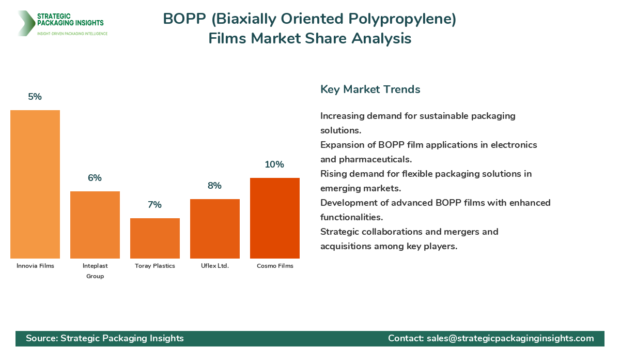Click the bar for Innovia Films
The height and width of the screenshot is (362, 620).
click(35, 184)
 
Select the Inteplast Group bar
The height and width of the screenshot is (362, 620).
click(95, 225)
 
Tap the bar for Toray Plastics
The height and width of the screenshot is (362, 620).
click(155, 238)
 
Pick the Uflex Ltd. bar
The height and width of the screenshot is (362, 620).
click(215, 229)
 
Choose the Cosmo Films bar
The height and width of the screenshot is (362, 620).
click(275, 218)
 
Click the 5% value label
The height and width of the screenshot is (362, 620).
click(35, 97)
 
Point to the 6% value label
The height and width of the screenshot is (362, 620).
click(95, 178)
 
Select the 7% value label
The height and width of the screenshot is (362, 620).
click(155, 205)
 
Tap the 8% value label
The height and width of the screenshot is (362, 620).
click(215, 186)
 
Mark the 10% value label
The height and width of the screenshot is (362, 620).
click(275, 164)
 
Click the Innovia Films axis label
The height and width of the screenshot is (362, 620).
click(35, 266)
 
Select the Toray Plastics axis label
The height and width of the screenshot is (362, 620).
click(155, 266)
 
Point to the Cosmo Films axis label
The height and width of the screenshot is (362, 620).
click(275, 266)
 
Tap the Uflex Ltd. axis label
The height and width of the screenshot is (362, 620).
click(215, 266)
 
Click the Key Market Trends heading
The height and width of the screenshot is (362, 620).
click(370, 89)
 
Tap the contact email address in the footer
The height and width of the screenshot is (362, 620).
click(510, 338)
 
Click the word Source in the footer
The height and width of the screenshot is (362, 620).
click(41, 338)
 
